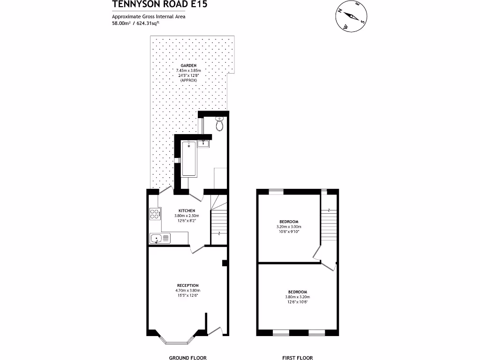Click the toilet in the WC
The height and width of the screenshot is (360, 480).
click(x=219, y=124)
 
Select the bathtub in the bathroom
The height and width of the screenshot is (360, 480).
click(x=189, y=158)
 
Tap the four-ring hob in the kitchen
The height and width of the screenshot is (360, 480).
click(x=155, y=214)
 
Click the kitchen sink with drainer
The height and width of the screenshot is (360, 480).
click(x=160, y=239)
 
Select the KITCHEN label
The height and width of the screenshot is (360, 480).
click(x=187, y=210)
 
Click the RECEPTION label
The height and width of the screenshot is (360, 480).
click(x=187, y=285)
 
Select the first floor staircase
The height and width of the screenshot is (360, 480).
click(x=330, y=220)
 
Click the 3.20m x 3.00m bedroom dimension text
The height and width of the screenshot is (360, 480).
click(x=288, y=227)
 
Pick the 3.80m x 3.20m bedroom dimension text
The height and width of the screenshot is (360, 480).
click(x=298, y=297)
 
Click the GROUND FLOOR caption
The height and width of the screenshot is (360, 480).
click(x=187, y=358)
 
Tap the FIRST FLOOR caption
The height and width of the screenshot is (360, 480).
click(x=298, y=358)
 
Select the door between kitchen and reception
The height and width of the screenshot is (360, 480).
click(x=197, y=249)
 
